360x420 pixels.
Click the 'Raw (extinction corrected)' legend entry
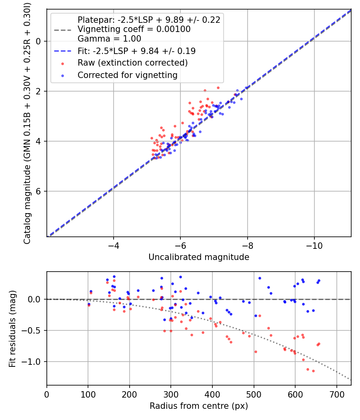pyautogui.click(x=132, y=63)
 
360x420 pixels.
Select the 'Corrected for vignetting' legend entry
pyautogui.click(x=128, y=75)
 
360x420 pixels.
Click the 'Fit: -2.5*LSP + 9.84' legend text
pyautogui.click(x=136, y=51)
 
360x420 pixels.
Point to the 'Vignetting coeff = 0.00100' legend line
pyautogui.click(x=134, y=29)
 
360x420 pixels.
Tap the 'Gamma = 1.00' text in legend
pyautogui.click(x=109, y=39)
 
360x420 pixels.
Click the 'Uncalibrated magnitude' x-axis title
pyautogui.click(x=199, y=257)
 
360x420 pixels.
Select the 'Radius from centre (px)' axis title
pyautogui.click(x=199, y=406)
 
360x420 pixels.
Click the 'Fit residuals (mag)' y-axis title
pyautogui.click(x=12, y=328)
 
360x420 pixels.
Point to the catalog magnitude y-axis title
pyautogui.click(x=27, y=122)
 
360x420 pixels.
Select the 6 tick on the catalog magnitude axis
pyautogui.click(x=39, y=191)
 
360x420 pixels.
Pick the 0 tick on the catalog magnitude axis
pyautogui.click(x=39, y=41)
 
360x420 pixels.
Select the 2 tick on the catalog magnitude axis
pyautogui.click(x=39, y=91)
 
